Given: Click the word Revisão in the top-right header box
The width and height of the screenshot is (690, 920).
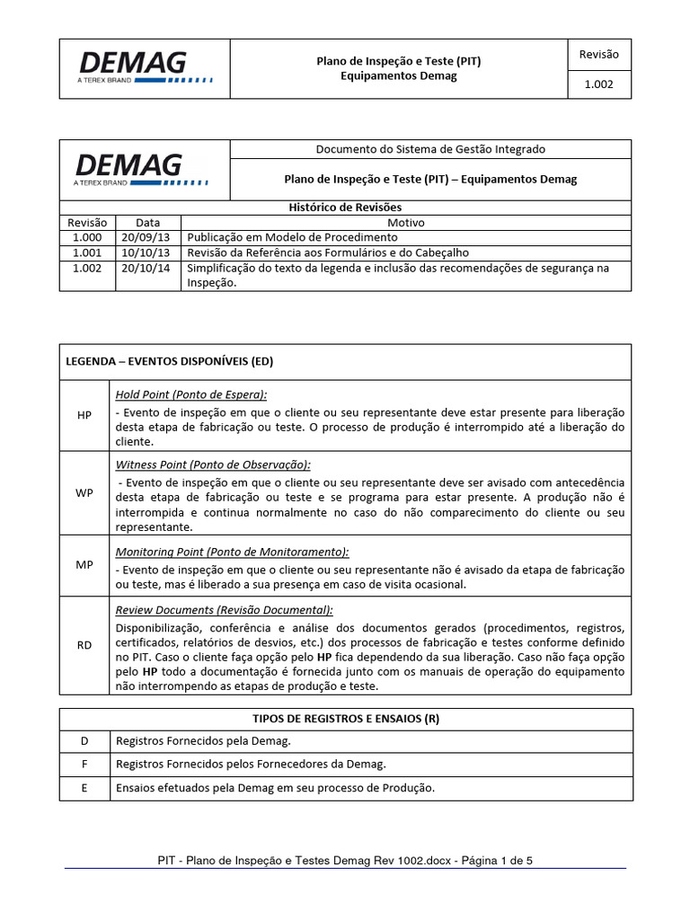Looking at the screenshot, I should point(599,54).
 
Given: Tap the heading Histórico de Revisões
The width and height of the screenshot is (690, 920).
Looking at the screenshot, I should point(346,208).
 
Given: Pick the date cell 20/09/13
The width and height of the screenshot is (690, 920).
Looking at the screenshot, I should point(148,237).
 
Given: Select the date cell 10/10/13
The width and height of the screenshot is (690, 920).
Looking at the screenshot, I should point(148,252).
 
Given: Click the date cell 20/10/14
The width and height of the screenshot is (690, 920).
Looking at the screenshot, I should point(148,268).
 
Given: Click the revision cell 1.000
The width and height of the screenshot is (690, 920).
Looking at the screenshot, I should point(87,237).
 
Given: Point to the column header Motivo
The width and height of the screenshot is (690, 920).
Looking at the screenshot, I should point(406,222).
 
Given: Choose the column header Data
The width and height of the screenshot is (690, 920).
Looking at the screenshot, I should point(148,222).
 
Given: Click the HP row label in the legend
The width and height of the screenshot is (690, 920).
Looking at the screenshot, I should point(84,415).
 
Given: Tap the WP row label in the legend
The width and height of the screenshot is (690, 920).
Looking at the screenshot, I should point(84,493).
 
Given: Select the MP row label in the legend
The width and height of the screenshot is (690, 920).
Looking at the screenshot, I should point(84,564).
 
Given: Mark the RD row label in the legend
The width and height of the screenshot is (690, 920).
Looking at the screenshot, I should point(84,645).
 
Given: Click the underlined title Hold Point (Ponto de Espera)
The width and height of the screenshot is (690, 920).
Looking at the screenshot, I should point(191,394).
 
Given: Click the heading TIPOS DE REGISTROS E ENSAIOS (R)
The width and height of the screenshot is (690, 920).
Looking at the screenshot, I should point(346,719).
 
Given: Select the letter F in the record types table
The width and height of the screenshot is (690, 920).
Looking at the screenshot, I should point(84,764).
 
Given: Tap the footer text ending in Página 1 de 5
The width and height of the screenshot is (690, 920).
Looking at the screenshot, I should point(345,860).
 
